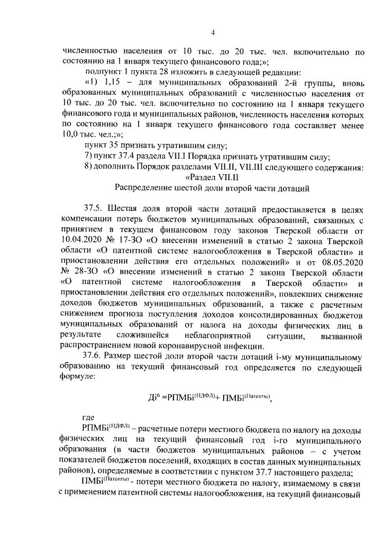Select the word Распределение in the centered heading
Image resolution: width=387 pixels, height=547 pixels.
point(151,187)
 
